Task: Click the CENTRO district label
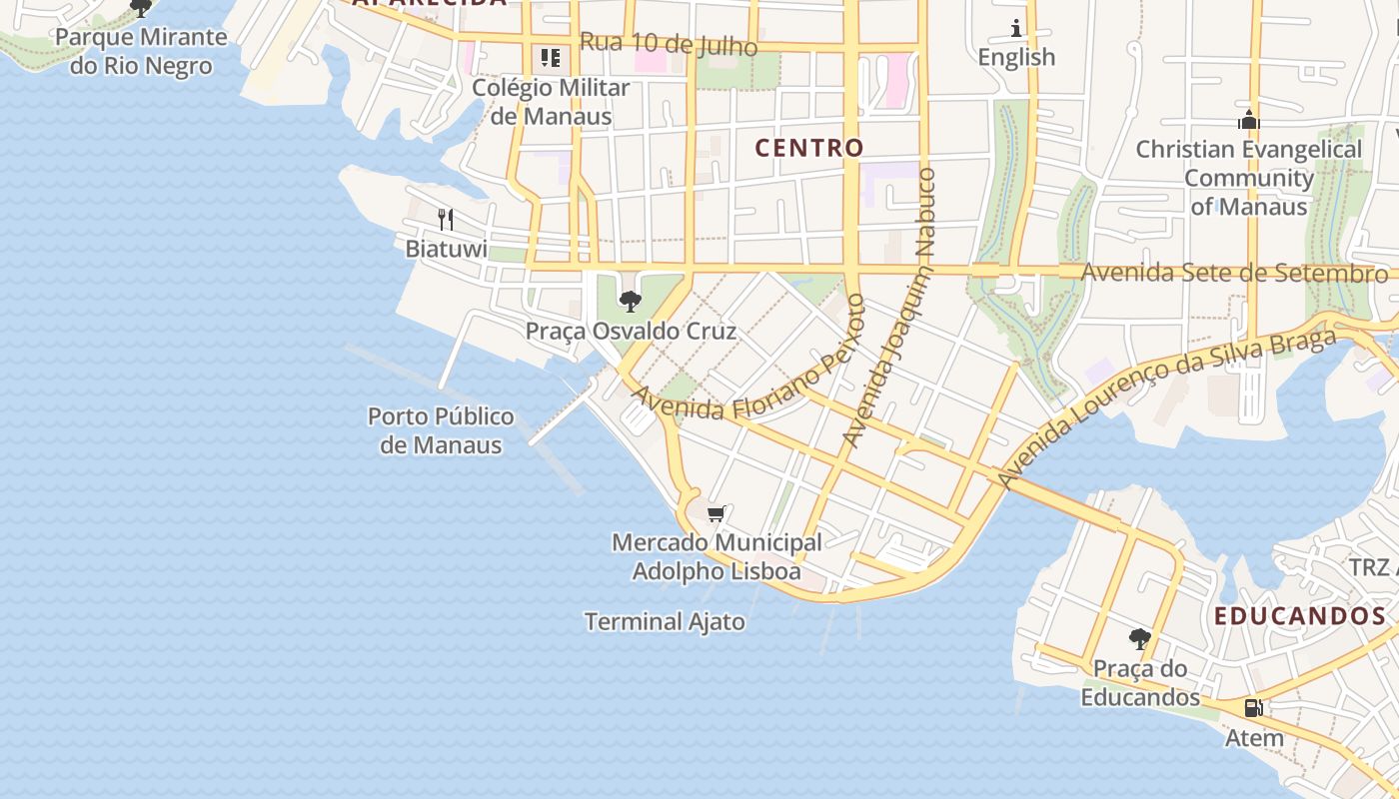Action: (x=808, y=148)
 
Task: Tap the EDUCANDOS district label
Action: (x=1300, y=616)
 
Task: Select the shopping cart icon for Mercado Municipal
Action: (x=715, y=514)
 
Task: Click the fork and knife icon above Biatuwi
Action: (x=446, y=219)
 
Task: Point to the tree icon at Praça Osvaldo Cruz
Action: (x=631, y=301)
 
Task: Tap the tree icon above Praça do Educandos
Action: (x=1139, y=639)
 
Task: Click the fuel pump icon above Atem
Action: (x=1253, y=708)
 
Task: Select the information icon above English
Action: (x=1017, y=28)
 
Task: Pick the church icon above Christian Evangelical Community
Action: (x=1248, y=120)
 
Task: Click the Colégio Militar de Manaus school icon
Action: (x=551, y=58)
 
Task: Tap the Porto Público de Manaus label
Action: (x=441, y=430)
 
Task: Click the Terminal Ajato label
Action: (x=665, y=621)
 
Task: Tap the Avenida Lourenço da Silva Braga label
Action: (x=1167, y=408)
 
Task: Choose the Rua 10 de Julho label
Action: (x=668, y=45)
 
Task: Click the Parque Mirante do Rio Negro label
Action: (x=141, y=52)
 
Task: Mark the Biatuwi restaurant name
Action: (x=446, y=249)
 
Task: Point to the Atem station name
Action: (x=1253, y=738)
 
